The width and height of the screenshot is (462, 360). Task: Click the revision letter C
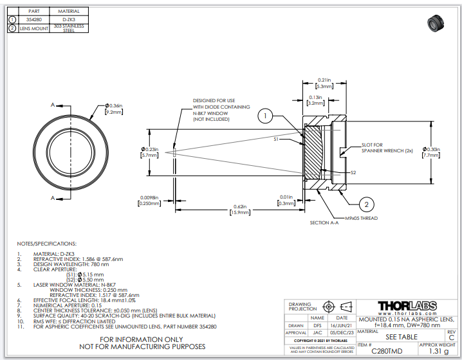[x=450, y=337]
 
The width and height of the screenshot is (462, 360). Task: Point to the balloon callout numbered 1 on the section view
[x=266, y=116]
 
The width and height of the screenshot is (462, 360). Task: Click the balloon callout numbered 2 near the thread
[x=366, y=204]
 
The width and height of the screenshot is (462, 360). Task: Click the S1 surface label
[x=277, y=138]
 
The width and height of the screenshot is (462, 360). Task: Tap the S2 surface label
[x=353, y=172]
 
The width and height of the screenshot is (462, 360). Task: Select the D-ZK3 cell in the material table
[x=69, y=20]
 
